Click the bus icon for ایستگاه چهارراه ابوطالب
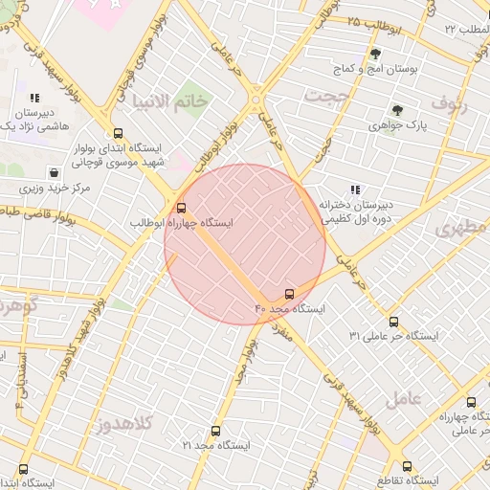[182, 208]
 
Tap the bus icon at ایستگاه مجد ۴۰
[290, 294]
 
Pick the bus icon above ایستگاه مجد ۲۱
[215, 431]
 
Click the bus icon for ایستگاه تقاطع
[408, 466]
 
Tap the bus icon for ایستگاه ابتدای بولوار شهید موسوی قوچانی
[119, 134]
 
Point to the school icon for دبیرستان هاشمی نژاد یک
[34, 98]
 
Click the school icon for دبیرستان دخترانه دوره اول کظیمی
[356, 190]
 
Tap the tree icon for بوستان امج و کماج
[374, 54]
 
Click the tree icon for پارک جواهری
[397, 109]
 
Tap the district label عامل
[424, 397]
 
